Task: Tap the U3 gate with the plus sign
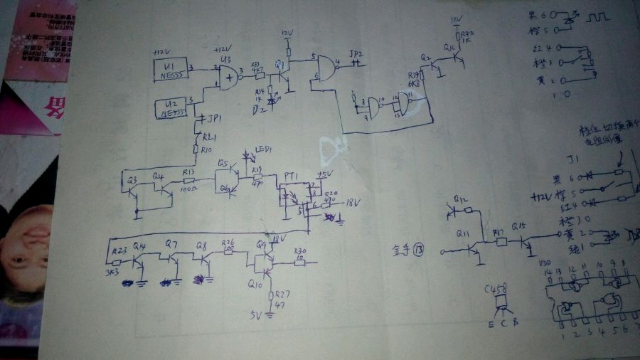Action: (x=228, y=76)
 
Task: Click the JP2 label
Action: (x=356, y=53)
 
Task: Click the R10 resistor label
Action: (x=206, y=150)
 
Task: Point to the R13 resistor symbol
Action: (x=189, y=181)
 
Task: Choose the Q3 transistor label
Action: (x=132, y=179)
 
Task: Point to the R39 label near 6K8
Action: (x=414, y=75)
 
